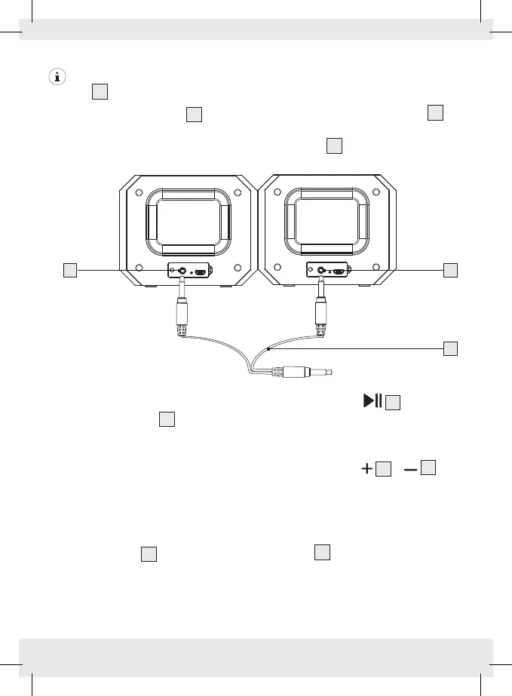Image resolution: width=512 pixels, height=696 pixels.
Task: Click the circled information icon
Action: tap(56, 76)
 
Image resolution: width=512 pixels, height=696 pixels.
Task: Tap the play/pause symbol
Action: tap(373, 401)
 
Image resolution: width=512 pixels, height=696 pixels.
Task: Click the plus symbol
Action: tap(366, 469)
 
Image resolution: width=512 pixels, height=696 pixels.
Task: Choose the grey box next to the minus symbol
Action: tap(428, 468)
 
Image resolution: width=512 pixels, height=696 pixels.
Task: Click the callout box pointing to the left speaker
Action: tap(70, 269)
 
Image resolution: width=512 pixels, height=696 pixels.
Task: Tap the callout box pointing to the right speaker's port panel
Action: tap(451, 269)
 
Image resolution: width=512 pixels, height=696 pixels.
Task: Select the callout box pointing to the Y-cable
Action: tap(451, 348)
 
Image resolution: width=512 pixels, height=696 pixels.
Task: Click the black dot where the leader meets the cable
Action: tap(268, 349)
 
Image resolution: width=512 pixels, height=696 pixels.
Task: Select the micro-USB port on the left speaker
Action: tap(202, 272)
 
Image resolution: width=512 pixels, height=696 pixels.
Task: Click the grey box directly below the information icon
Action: tap(100, 92)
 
